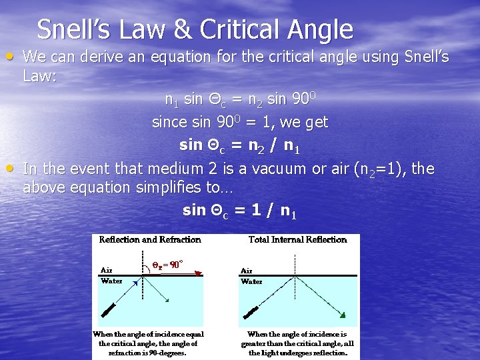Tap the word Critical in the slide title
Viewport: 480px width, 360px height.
pyautogui.click(x=240, y=30)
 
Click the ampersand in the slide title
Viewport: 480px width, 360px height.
pyautogui.click(x=183, y=30)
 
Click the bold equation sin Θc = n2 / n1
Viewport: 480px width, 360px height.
pyautogui.click(x=239, y=145)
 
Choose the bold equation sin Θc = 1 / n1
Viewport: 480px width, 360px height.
pyautogui.click(x=239, y=211)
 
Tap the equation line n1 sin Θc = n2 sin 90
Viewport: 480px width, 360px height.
pyautogui.click(x=240, y=100)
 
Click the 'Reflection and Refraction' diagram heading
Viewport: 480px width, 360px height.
pyautogui.click(x=150, y=239)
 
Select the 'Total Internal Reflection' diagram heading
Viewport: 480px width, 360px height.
pyautogui.click(x=298, y=239)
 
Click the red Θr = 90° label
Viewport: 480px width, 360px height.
pyautogui.click(x=165, y=264)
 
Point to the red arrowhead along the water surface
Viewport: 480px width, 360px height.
pyautogui.click(x=198, y=273)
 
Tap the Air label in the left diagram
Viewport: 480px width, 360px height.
pyautogui.click(x=106, y=270)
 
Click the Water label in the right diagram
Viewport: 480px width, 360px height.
pyautogui.click(x=251, y=281)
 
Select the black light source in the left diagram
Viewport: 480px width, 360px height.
pyautogui.click(x=108, y=311)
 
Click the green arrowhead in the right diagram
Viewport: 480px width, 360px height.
pyautogui.click(x=341, y=314)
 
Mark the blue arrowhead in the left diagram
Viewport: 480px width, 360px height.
pyautogui.click(x=136, y=283)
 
